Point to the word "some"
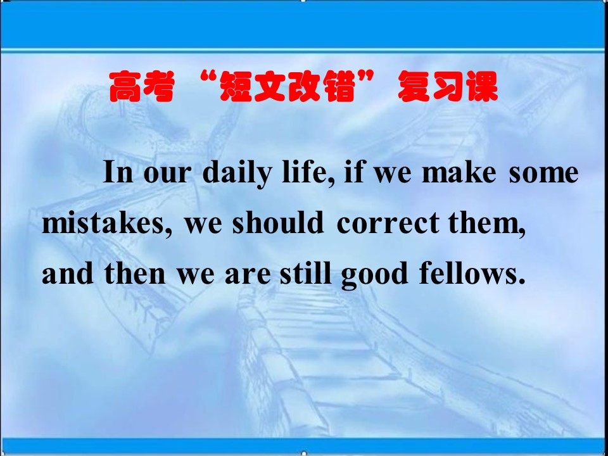544,174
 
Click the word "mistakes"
104,223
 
